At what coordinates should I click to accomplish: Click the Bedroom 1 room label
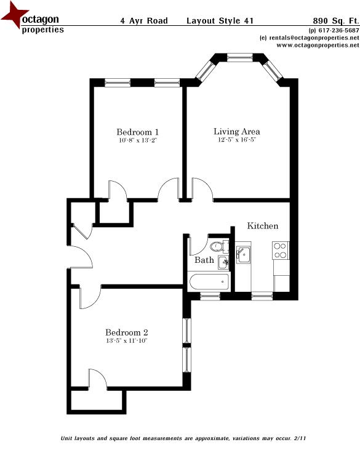[x=138, y=132]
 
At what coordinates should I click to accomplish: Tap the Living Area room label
[x=236, y=131]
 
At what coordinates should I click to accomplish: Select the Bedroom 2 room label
[x=126, y=332]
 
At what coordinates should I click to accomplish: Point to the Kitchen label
[x=263, y=226]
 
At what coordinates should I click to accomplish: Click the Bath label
[x=204, y=260]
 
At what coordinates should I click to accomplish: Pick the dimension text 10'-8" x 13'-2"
[x=138, y=141]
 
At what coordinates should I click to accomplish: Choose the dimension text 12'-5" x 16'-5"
[x=236, y=140]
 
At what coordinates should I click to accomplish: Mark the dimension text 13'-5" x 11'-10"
[x=126, y=341]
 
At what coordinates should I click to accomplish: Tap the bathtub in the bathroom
[x=209, y=283]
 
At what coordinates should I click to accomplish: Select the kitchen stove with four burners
[x=281, y=251]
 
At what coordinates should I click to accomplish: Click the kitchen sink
[x=244, y=254]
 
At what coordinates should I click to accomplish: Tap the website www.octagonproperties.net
[x=318, y=46]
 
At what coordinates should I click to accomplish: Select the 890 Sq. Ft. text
[x=335, y=20]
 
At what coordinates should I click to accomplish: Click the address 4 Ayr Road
[x=144, y=20]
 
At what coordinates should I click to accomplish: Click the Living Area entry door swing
[x=202, y=188]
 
